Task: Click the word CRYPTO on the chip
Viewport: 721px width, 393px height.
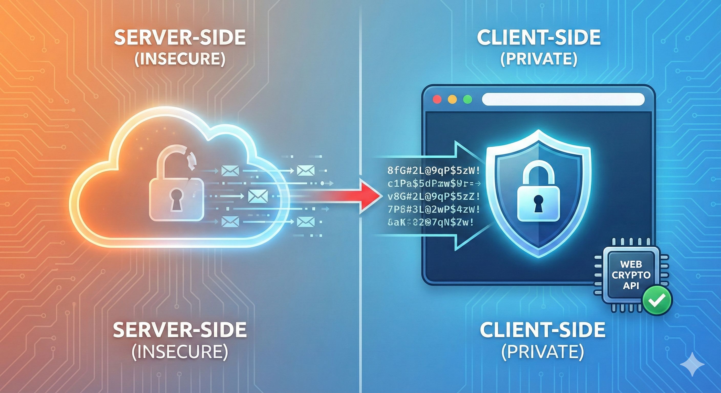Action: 631,275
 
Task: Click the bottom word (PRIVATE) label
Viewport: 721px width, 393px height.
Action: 543,352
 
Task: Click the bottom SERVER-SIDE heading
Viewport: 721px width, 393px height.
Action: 180,330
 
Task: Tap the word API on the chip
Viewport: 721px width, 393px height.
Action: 631,286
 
